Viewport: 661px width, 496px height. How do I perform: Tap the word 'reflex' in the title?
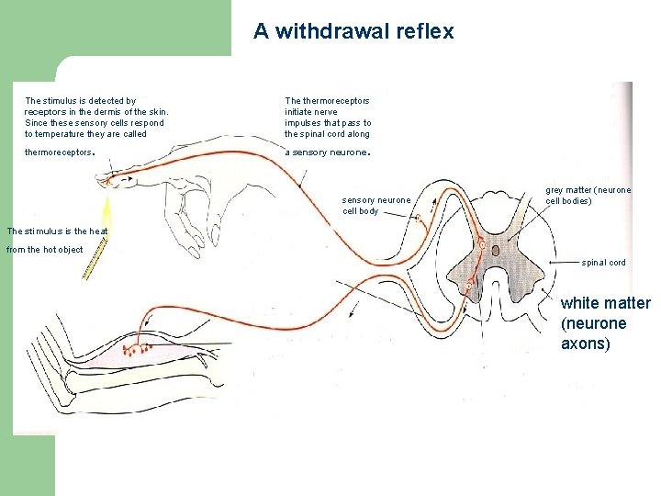pos(425,31)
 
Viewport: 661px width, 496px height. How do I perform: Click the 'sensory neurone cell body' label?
pos(377,205)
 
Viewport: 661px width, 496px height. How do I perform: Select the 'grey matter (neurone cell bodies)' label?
pos(588,195)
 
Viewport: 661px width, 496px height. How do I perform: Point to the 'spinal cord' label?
pos(603,263)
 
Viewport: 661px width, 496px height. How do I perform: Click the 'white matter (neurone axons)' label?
pos(606,323)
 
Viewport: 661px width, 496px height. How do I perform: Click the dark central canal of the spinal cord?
pos(496,249)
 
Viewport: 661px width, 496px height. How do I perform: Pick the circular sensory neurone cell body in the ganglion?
pos(419,219)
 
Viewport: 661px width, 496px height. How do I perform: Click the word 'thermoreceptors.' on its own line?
pos(60,152)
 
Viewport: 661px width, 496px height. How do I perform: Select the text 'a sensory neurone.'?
pos(327,152)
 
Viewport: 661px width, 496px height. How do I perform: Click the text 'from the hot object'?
pos(45,250)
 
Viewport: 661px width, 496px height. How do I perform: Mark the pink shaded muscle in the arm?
pos(165,354)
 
